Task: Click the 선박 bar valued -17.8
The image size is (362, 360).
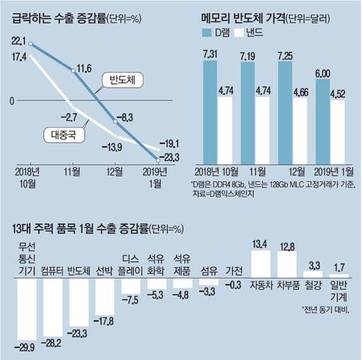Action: coord(105,296)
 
